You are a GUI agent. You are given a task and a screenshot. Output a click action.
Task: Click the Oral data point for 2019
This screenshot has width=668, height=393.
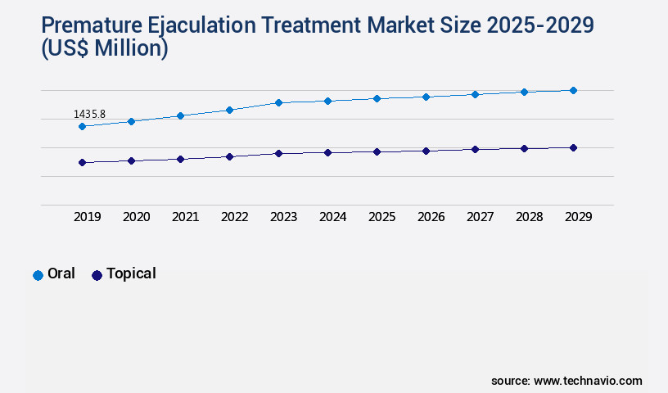coord(82,126)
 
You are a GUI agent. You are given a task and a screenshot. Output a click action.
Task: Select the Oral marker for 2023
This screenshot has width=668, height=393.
coord(278,102)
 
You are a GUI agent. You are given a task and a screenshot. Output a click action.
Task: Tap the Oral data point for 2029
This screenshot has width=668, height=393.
coord(573,90)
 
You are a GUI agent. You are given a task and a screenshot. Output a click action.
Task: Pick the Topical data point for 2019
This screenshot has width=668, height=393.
coord(82,162)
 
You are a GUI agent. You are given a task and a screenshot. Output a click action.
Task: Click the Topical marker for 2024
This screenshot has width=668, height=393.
coord(327,152)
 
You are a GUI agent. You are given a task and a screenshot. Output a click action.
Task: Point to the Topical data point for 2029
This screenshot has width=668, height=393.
coord(573,147)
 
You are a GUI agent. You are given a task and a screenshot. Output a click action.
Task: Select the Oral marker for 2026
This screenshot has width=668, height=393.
coord(426,97)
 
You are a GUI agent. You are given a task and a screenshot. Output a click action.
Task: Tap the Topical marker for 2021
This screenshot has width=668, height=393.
coord(180,159)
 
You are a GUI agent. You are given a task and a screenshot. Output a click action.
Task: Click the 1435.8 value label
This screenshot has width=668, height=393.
coord(89,114)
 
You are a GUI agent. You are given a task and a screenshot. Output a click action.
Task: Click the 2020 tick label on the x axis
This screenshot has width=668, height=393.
coord(136,217)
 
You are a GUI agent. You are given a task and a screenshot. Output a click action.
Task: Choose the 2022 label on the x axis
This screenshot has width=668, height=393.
coord(234,217)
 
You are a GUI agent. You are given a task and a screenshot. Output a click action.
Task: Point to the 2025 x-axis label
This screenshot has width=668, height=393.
coord(381,217)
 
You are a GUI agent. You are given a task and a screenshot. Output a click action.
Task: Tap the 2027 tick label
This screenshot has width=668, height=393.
coord(480,217)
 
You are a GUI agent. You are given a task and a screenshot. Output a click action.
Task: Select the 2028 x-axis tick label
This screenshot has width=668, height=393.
coord(529,217)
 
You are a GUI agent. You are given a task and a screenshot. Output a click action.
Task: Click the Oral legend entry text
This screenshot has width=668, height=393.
coord(61,274)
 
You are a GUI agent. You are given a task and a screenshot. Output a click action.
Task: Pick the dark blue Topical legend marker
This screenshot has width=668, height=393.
coord(97,275)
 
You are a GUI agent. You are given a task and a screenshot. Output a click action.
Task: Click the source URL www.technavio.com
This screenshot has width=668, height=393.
coord(588,381)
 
